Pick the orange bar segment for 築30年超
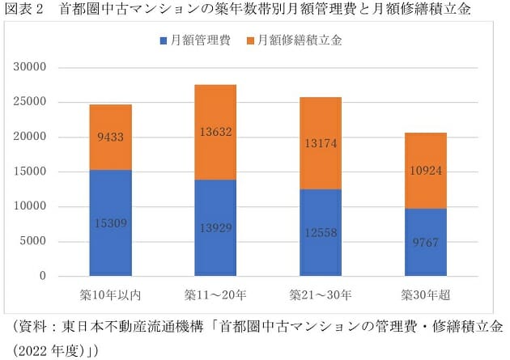(425, 170)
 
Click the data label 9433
(110, 137)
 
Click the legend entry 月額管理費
(195, 40)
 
